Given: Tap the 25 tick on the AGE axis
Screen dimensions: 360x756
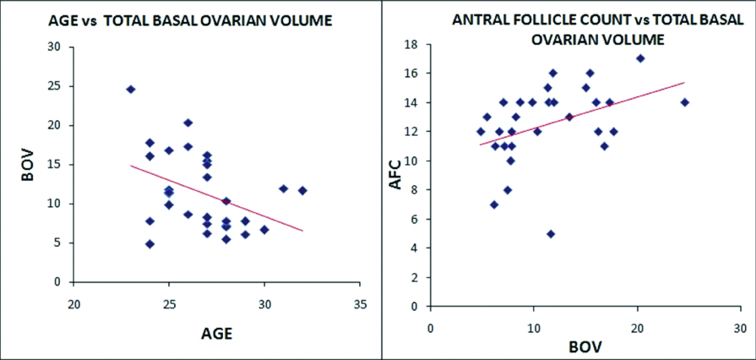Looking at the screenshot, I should (169, 303).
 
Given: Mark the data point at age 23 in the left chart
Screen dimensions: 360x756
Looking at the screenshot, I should (131, 89).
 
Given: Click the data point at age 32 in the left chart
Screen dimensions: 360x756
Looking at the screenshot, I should (302, 190).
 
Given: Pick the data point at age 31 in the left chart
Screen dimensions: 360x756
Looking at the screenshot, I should (284, 188).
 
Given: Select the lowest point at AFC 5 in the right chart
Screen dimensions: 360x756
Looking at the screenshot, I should (551, 234).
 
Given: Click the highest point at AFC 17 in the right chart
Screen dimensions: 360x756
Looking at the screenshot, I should (640, 58).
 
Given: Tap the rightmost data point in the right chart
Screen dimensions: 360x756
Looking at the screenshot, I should (685, 102).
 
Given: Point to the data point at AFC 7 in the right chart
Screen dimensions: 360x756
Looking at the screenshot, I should (494, 205).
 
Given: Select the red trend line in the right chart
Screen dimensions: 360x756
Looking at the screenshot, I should (583, 113).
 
